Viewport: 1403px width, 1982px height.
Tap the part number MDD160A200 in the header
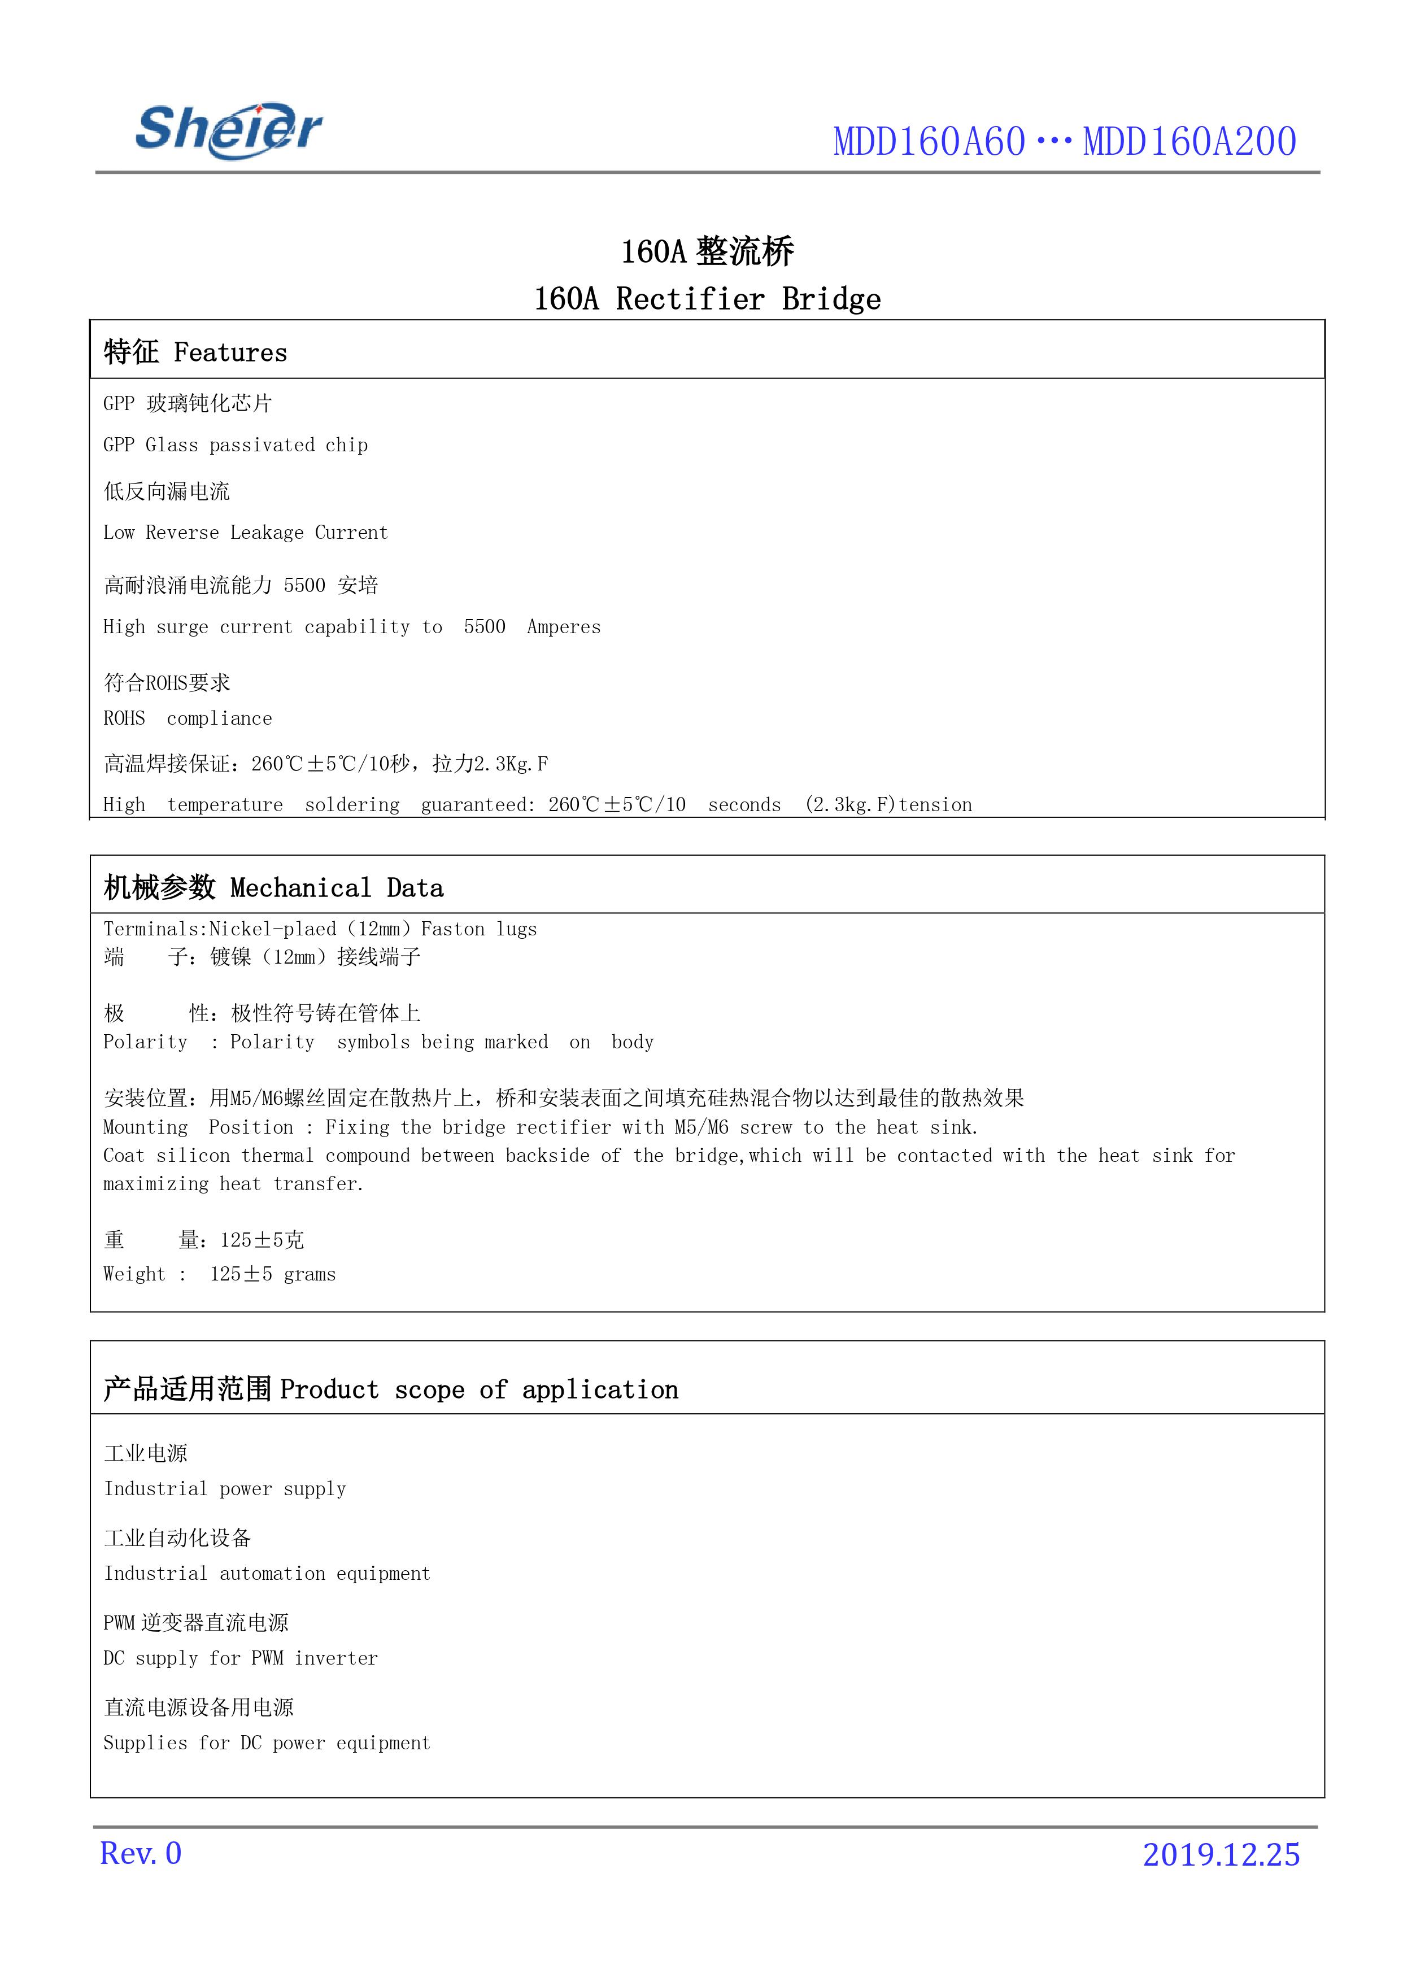pyautogui.click(x=1189, y=142)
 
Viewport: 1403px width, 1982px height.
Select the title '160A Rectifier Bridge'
pyautogui.click(x=707, y=299)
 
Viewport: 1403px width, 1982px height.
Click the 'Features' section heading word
pyautogui.click(x=230, y=352)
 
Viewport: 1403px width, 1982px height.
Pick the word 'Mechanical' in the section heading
pyautogui.click(x=300, y=888)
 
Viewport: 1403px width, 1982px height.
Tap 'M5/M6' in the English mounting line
pyautogui.click(x=700, y=1127)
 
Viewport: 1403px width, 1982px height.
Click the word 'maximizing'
pyautogui.click(x=155, y=1184)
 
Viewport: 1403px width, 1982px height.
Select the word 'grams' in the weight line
pyautogui.click(x=310, y=1274)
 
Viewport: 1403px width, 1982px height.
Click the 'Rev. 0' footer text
pyautogui.click(x=141, y=1853)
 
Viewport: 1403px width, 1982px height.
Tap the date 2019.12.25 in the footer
pyautogui.click(x=1220, y=1854)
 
